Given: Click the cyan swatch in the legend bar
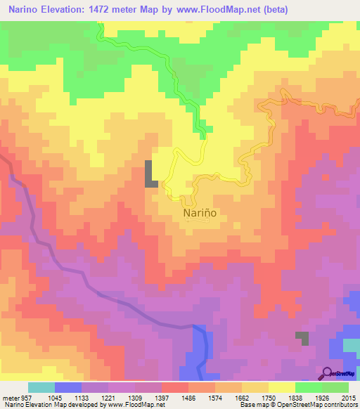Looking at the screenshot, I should coord(41,387).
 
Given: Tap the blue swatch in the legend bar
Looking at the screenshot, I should coord(67,387).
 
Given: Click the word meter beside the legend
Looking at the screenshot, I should coord(8,396).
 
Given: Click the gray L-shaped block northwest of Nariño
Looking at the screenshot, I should coord(150,174).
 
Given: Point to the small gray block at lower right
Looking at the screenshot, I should coord(302,337).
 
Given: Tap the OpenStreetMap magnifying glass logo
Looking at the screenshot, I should coord(327,372).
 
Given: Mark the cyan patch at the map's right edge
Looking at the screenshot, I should coord(351,345).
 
